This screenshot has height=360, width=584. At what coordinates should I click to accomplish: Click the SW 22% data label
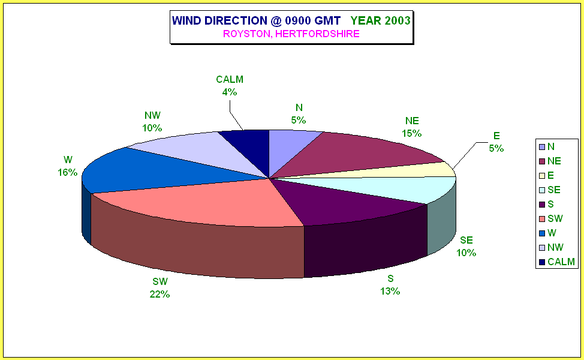[159, 288]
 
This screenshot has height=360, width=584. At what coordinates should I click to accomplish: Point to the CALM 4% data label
[230, 85]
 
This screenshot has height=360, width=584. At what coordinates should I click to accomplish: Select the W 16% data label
[67, 166]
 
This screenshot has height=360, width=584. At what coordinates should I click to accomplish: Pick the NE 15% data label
[411, 127]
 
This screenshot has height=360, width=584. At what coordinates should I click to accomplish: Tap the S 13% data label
[390, 284]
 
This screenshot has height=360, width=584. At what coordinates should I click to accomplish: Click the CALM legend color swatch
[542, 262]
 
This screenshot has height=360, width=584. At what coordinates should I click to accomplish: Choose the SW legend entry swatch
[542, 219]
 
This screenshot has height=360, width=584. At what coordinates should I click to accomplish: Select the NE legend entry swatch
[542, 161]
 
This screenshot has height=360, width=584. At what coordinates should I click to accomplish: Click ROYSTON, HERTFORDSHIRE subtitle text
[291, 34]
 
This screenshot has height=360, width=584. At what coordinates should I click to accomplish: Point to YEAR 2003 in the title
[380, 20]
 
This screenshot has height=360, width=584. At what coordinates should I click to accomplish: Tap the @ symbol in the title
[276, 20]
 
